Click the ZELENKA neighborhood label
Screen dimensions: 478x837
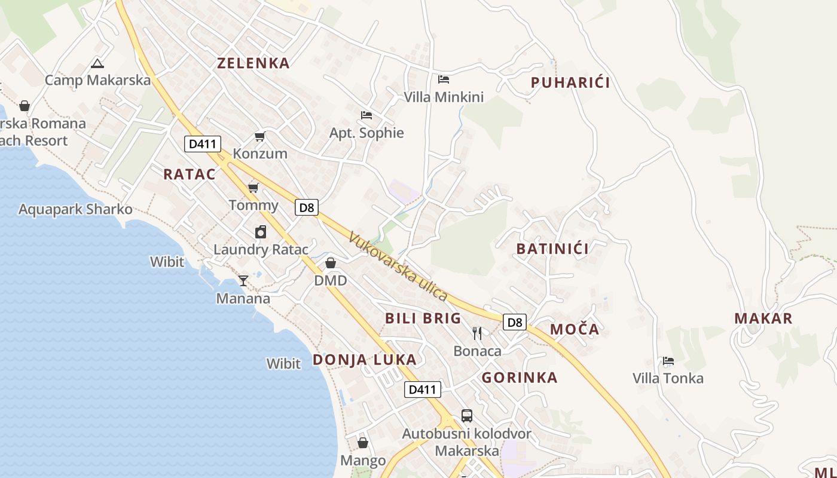pyautogui.click(x=253, y=63)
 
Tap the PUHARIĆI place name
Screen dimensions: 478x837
pyautogui.click(x=570, y=83)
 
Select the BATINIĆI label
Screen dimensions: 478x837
pyautogui.click(x=552, y=249)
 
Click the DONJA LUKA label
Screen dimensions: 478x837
pyautogui.click(x=364, y=360)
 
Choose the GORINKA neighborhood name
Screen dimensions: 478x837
pyautogui.click(x=519, y=378)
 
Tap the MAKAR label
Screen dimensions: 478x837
pyautogui.click(x=763, y=318)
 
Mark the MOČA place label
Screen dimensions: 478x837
pyautogui.click(x=574, y=329)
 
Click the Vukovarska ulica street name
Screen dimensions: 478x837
pyautogui.click(x=398, y=266)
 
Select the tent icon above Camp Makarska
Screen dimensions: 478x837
pyautogui.click(x=97, y=63)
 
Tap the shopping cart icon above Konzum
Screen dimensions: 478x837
pyautogui.click(x=259, y=137)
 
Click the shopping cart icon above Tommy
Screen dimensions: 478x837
pyautogui.click(x=253, y=188)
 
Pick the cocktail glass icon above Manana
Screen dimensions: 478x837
pyautogui.click(x=243, y=280)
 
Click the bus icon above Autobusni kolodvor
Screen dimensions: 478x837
pyautogui.click(x=467, y=415)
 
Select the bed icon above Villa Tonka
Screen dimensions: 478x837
pyautogui.click(x=668, y=361)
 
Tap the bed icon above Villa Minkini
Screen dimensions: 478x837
pyautogui.click(x=443, y=79)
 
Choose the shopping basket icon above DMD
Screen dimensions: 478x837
pyautogui.click(x=331, y=263)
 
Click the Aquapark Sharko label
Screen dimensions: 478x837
pyautogui.click(x=75, y=210)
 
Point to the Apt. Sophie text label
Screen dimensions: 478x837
pyautogui.click(x=366, y=133)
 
